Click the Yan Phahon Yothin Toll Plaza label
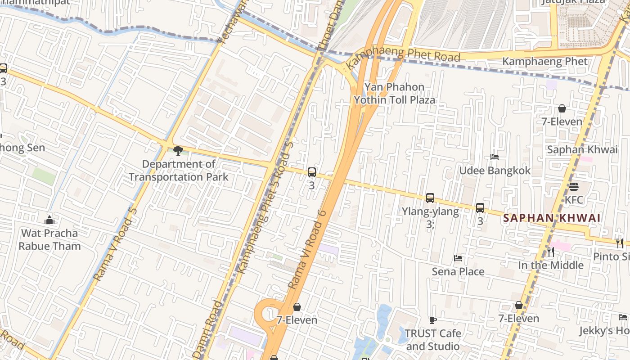click(394, 93)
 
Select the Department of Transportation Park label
click(179, 171)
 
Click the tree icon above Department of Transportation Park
click(178, 151)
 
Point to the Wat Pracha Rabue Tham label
click(49, 239)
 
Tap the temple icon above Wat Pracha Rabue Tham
click(49, 220)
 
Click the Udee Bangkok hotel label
click(495, 171)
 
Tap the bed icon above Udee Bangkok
click(495, 157)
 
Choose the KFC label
click(574, 199)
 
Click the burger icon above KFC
click(573, 186)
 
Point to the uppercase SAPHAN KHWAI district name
click(552, 218)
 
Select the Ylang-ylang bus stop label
click(430, 211)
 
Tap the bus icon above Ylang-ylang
click(430, 198)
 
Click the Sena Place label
click(458, 271)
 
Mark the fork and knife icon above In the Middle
click(551, 252)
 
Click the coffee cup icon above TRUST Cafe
click(433, 320)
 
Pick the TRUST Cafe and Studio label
click(432, 340)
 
